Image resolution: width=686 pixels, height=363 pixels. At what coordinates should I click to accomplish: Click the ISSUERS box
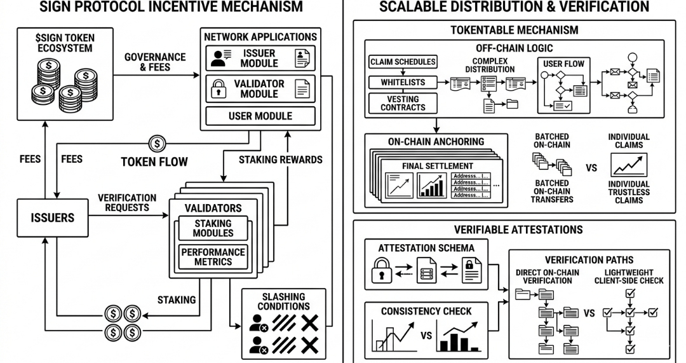coord(53,217)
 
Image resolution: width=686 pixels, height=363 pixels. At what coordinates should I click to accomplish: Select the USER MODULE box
coord(260,116)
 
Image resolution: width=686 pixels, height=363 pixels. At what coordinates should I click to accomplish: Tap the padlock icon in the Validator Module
coord(219,88)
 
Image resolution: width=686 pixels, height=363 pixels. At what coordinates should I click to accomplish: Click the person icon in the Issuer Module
coord(219,58)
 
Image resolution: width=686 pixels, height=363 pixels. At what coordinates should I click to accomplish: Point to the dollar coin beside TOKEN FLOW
coord(157,144)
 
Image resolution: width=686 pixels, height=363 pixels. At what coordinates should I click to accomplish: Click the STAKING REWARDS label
coord(281,160)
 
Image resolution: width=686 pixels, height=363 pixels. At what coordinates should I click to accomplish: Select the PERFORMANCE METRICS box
coord(213,257)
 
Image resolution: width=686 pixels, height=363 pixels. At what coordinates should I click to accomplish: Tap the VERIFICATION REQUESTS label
coord(127,202)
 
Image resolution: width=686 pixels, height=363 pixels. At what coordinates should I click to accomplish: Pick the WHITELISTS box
coord(403,82)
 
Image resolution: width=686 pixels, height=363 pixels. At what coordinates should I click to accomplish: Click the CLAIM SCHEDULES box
coord(403,62)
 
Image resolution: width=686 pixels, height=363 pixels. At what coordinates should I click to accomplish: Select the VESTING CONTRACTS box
coord(403,103)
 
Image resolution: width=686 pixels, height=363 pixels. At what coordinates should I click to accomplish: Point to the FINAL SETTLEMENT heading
coord(438,166)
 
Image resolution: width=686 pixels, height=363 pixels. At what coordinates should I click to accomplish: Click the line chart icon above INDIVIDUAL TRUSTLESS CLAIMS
coord(629,165)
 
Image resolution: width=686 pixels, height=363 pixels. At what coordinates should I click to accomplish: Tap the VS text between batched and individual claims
coord(591,168)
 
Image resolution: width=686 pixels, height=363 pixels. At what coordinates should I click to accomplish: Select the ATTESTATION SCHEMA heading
coord(426,248)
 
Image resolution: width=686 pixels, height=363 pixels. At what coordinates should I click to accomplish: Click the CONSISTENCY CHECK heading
coord(426,311)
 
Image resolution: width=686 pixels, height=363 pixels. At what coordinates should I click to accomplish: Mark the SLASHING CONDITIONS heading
coord(283,301)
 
